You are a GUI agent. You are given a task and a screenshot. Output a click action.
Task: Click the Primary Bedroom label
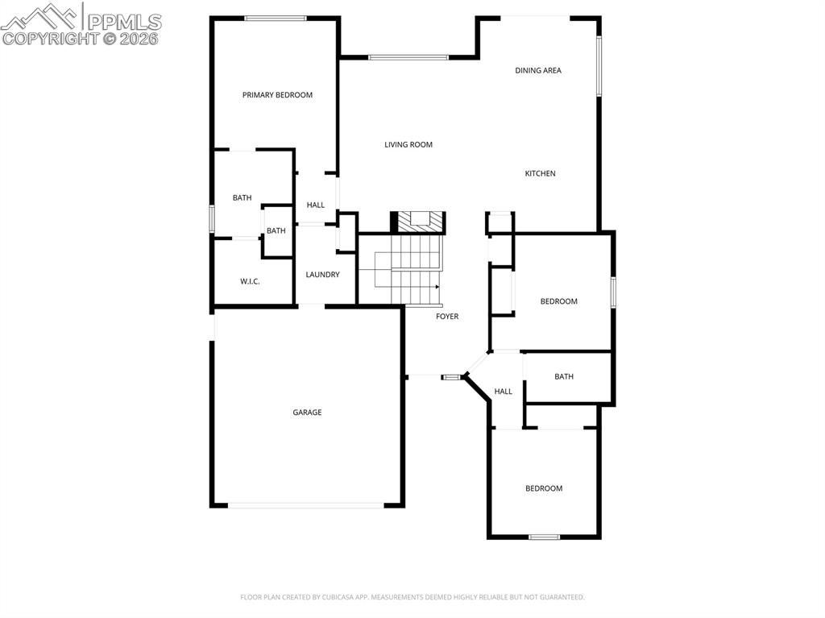point(277,95)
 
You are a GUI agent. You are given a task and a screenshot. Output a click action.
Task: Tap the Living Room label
point(408,145)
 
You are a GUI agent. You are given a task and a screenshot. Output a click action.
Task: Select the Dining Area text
point(538,71)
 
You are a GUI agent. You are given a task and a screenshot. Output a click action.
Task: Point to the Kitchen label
point(541,174)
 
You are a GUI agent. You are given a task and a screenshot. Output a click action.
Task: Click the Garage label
point(307,413)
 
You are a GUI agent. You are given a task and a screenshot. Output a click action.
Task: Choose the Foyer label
point(447,317)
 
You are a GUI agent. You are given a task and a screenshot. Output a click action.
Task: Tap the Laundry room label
point(322,275)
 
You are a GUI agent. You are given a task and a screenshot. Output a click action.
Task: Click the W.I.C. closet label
point(250,281)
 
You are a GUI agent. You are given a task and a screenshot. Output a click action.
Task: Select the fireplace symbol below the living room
point(418,220)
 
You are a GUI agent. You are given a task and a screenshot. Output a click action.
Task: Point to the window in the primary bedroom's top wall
point(276,18)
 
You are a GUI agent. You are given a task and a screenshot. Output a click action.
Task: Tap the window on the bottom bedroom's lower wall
point(544,537)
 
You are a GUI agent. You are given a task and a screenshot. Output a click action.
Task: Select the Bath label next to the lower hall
point(564,376)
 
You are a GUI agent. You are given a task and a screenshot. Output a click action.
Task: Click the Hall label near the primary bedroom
point(316,205)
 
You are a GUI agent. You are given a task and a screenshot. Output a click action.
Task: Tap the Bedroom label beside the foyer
point(558,301)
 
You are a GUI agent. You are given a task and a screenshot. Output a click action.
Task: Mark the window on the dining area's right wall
point(599,66)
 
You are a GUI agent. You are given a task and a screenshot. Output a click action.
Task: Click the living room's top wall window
point(408,57)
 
